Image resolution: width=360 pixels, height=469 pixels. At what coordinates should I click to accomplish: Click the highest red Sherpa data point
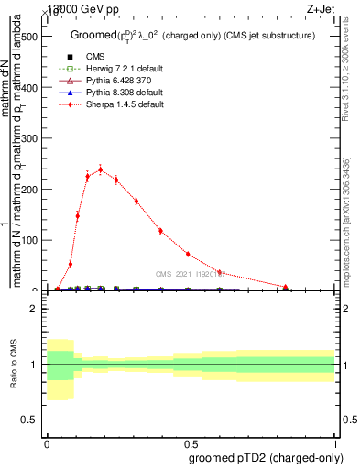100,169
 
